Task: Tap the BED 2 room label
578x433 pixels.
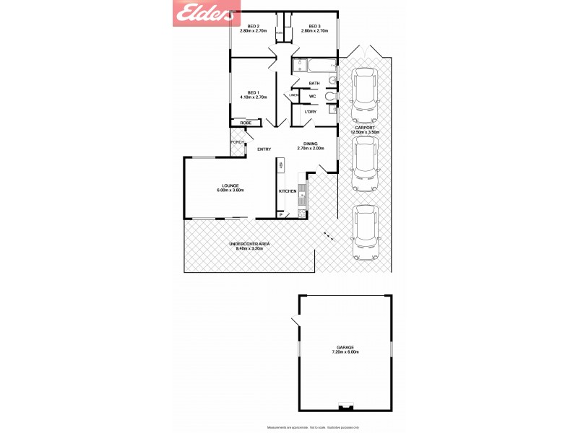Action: coord(252,26)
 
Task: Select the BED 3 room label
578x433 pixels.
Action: coord(314,26)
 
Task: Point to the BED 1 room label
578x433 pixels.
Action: coord(252,92)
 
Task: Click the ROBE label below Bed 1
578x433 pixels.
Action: coord(246,123)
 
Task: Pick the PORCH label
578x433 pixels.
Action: coord(236,142)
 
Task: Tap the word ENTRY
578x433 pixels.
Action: coord(264,149)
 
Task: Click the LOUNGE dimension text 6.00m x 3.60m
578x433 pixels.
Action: coord(230,190)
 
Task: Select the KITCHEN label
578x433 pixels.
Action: coord(288,191)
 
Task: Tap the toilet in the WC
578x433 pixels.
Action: coord(330,96)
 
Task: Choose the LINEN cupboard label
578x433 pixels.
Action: coord(294,95)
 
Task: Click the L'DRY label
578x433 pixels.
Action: coord(311,112)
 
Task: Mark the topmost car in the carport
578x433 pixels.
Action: coord(364,94)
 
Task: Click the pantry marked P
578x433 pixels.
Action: coord(280,215)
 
